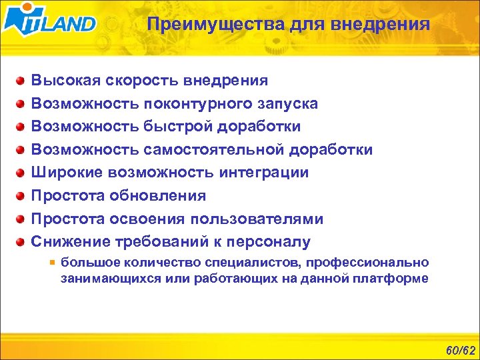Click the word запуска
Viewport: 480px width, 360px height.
[x=287, y=104]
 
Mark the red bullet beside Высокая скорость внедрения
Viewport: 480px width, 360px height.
[x=22, y=81]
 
